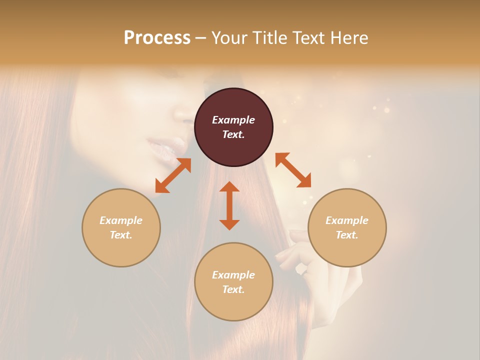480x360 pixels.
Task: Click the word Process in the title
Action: point(157,38)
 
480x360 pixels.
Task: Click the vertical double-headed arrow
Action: point(229,205)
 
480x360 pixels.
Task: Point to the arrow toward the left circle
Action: point(173,175)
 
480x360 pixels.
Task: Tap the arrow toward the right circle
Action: point(293,170)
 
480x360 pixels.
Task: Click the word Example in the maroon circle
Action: point(233,120)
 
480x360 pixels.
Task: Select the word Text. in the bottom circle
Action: point(233,289)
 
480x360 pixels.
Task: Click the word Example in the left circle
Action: point(121,220)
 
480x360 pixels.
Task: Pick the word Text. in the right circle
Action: point(347,235)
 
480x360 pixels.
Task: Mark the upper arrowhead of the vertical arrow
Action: point(229,187)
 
